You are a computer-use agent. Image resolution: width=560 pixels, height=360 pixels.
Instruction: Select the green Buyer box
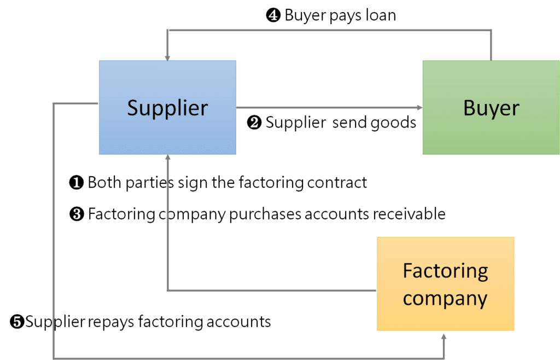tap(491, 131)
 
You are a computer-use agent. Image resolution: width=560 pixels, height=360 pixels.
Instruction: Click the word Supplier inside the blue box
tap(167, 108)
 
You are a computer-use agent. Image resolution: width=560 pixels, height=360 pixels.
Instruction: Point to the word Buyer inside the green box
tap(491, 108)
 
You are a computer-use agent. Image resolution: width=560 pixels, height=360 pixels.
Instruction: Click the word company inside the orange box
tap(445, 298)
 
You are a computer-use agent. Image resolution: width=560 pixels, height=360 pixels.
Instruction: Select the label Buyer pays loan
tap(340, 15)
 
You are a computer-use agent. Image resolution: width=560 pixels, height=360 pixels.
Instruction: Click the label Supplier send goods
tap(340, 123)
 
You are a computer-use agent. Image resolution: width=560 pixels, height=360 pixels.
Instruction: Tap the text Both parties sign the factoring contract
tap(227, 182)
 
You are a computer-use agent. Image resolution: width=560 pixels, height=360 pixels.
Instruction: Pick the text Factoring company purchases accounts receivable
tap(266, 214)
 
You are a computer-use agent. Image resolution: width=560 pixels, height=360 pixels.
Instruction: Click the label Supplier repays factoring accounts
tap(148, 321)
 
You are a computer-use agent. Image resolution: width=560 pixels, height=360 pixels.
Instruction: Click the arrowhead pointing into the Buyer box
tap(419, 108)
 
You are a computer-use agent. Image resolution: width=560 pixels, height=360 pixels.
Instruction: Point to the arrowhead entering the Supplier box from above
tap(168, 57)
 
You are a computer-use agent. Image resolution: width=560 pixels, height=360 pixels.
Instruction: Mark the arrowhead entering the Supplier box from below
tap(168, 158)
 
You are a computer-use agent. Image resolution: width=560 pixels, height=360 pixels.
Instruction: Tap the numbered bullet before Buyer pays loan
tap(272, 16)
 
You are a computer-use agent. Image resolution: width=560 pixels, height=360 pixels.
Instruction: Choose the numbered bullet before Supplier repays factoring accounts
tap(17, 322)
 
